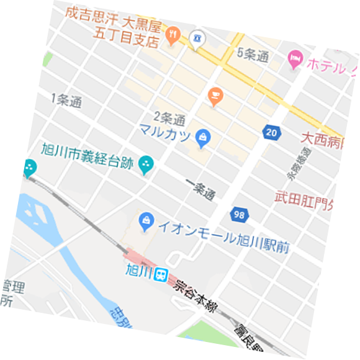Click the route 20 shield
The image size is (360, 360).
(271, 132)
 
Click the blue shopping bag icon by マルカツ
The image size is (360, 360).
(202, 138)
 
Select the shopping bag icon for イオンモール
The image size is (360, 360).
(146, 219)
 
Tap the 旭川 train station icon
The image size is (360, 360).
(161, 274)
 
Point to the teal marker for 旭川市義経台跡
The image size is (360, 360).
(146, 164)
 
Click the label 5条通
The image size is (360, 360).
(253, 55)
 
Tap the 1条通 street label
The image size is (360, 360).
(67, 101)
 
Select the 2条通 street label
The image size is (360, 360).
(170, 117)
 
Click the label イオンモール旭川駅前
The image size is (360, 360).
(223, 236)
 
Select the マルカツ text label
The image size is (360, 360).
(164, 132)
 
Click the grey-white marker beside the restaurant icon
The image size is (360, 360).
(197, 39)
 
